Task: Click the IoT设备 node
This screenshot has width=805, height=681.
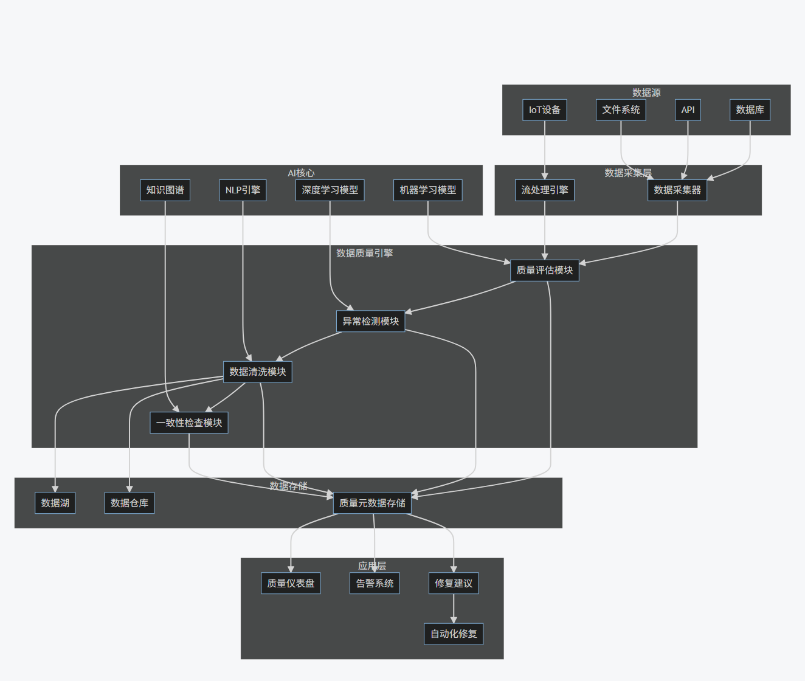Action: [x=544, y=110]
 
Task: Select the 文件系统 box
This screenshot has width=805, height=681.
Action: [x=620, y=110]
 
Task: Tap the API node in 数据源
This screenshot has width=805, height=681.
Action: [x=688, y=110]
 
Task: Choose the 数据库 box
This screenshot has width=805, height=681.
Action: [x=750, y=110]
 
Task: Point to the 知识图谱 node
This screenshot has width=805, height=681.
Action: [x=165, y=190]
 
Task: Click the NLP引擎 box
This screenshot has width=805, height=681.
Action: [x=243, y=190]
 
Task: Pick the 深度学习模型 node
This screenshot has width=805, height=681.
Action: [x=330, y=190]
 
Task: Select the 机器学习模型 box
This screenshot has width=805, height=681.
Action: [x=427, y=190]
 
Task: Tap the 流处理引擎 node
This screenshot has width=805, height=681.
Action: [x=544, y=190]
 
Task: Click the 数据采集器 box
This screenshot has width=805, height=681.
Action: [x=677, y=190]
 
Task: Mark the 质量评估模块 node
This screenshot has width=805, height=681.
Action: [x=544, y=271]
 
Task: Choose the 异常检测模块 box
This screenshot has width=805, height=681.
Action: [x=370, y=321]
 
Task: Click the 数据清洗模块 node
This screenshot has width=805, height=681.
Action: [x=257, y=372]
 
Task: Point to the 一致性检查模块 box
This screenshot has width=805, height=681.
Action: [x=188, y=423]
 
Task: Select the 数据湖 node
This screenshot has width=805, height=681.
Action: [x=55, y=503]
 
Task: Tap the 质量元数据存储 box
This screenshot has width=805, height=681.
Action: [x=372, y=503]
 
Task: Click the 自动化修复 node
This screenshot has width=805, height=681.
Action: [x=454, y=634]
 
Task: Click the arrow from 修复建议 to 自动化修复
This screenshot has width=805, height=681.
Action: [x=454, y=608]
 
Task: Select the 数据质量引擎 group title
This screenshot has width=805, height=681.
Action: [x=364, y=253]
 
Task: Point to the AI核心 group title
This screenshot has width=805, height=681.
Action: [x=301, y=173]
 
